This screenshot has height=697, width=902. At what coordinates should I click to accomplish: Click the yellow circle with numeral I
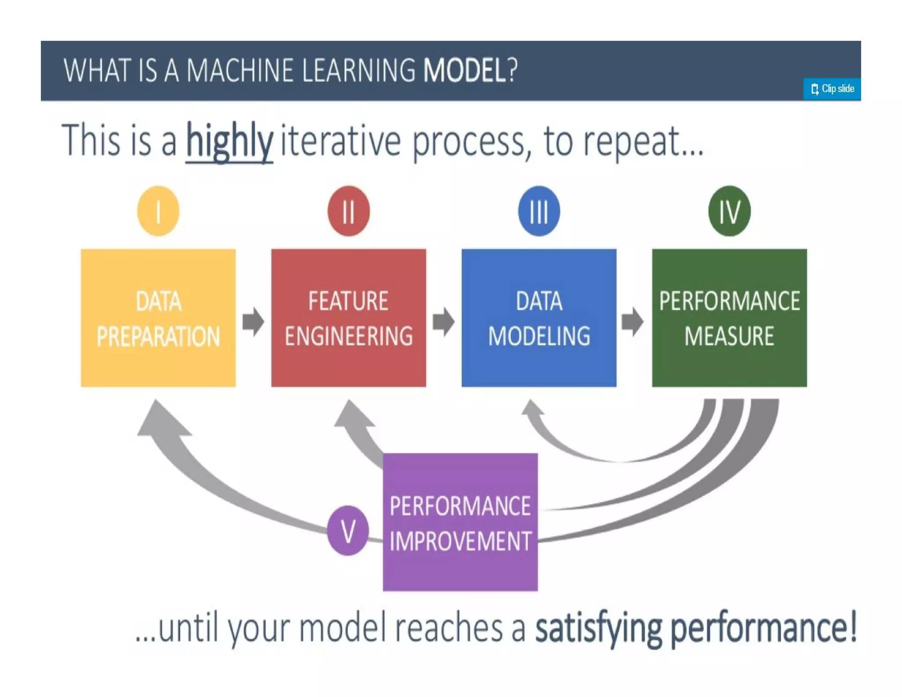pos(158,211)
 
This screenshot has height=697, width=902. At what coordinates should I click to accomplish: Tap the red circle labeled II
pos(348,211)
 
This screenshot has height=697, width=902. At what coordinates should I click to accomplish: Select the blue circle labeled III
pos(539,211)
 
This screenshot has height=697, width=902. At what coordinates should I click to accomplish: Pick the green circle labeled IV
pos(729,211)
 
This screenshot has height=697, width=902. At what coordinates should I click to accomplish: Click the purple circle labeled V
pos(348,530)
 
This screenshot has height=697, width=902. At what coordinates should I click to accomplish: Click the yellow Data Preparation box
pos(158,318)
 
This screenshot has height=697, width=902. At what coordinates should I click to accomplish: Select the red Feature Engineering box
pos(348,318)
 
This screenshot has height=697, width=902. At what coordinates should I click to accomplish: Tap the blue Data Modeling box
pos(539,318)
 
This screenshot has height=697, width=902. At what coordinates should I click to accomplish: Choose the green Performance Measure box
pos(729,318)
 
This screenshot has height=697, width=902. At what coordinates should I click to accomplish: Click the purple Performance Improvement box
pos(460,522)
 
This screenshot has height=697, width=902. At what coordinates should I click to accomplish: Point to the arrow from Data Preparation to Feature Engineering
pos(253,321)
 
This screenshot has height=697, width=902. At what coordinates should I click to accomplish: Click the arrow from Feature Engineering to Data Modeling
pos(444,321)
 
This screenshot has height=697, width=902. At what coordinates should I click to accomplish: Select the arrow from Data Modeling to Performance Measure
pos(633,321)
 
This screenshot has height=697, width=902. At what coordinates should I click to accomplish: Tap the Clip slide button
pos(832,89)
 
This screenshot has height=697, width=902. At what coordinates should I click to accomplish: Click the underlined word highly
pos(229,141)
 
